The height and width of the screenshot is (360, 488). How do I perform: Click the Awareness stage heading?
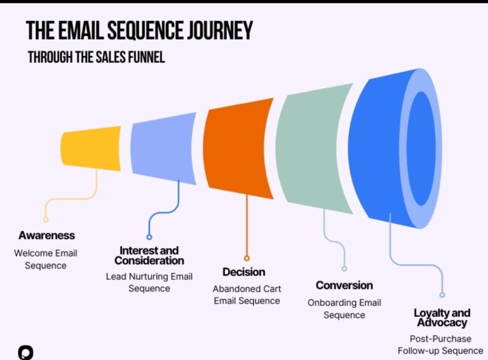pos(46,236)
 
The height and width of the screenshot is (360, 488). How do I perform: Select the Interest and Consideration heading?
pos(149,255)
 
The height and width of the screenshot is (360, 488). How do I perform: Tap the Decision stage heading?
pos(244,272)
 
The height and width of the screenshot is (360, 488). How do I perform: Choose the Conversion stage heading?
pos(344,285)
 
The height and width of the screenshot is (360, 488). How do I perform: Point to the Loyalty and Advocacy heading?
pos(442,317)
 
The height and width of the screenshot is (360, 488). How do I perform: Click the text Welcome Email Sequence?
pos(46,259)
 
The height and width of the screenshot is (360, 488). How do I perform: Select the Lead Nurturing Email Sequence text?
pos(149,283)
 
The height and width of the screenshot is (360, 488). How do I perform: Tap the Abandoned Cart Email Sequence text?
pos(247,295)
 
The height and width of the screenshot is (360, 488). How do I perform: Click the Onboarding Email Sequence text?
pos(344,309)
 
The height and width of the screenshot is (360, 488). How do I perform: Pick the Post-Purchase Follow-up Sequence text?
pos(440,345)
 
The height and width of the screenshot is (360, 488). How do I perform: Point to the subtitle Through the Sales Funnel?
pos(96,57)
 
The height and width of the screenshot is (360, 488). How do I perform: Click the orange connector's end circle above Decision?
pos(247,258)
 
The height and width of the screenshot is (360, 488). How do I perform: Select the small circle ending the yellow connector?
pos(46,220)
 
